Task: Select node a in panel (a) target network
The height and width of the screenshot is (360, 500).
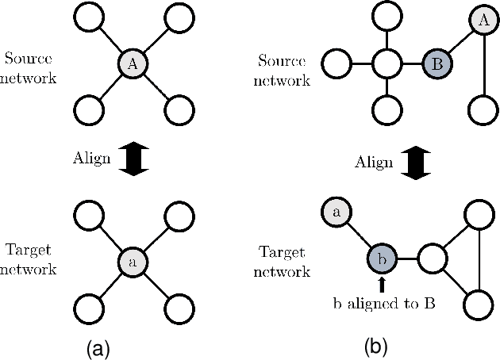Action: [x=133, y=260]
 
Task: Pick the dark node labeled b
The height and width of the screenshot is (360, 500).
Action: [x=382, y=258]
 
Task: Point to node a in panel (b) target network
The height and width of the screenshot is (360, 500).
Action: [x=336, y=212]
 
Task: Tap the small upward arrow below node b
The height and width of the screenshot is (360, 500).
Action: [x=382, y=284]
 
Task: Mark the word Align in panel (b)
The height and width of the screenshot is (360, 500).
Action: [x=374, y=162]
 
